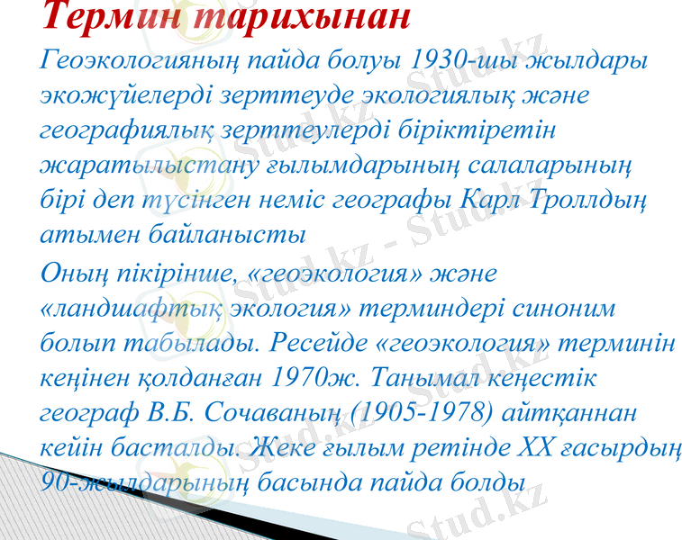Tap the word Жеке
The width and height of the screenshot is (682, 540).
coord(279,447)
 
